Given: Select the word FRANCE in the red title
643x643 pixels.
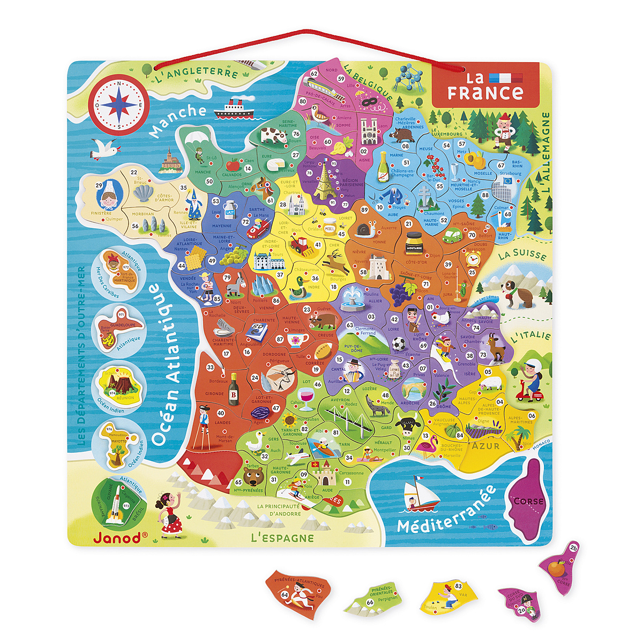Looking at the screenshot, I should [485, 93].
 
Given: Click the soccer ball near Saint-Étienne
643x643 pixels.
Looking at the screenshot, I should [398, 343].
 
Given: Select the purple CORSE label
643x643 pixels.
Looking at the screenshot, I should [529, 502].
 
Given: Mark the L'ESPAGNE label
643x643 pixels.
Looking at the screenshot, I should [282, 537].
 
